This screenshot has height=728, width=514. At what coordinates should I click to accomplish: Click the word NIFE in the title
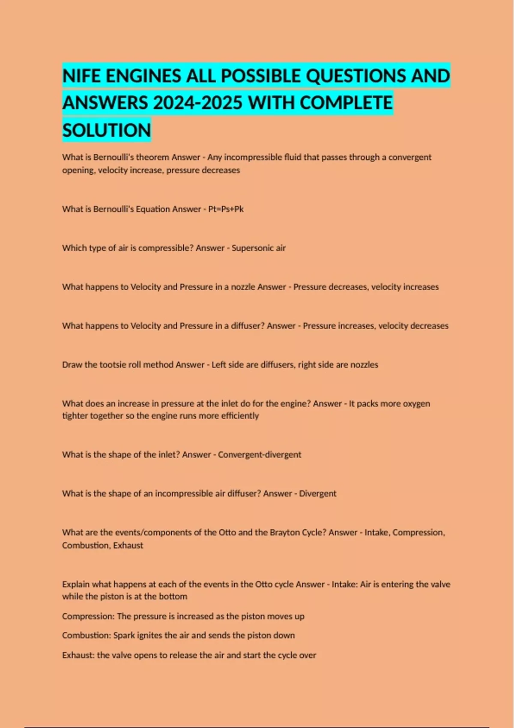coord(81,76)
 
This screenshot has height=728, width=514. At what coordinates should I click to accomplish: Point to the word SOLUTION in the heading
coord(107,130)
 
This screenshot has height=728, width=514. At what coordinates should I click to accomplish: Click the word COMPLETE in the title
coord(346,103)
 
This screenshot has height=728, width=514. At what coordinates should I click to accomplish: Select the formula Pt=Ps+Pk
coord(226,209)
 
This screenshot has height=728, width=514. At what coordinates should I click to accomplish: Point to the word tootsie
coord(113,365)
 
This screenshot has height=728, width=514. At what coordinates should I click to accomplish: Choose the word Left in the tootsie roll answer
coord(218,365)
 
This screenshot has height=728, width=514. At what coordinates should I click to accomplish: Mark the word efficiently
coord(240,416)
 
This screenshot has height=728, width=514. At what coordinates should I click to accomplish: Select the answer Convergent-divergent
coord(260,454)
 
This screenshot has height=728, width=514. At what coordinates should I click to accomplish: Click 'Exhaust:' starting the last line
coord(78,655)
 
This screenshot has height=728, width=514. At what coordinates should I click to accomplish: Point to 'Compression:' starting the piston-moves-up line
coord(88,616)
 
